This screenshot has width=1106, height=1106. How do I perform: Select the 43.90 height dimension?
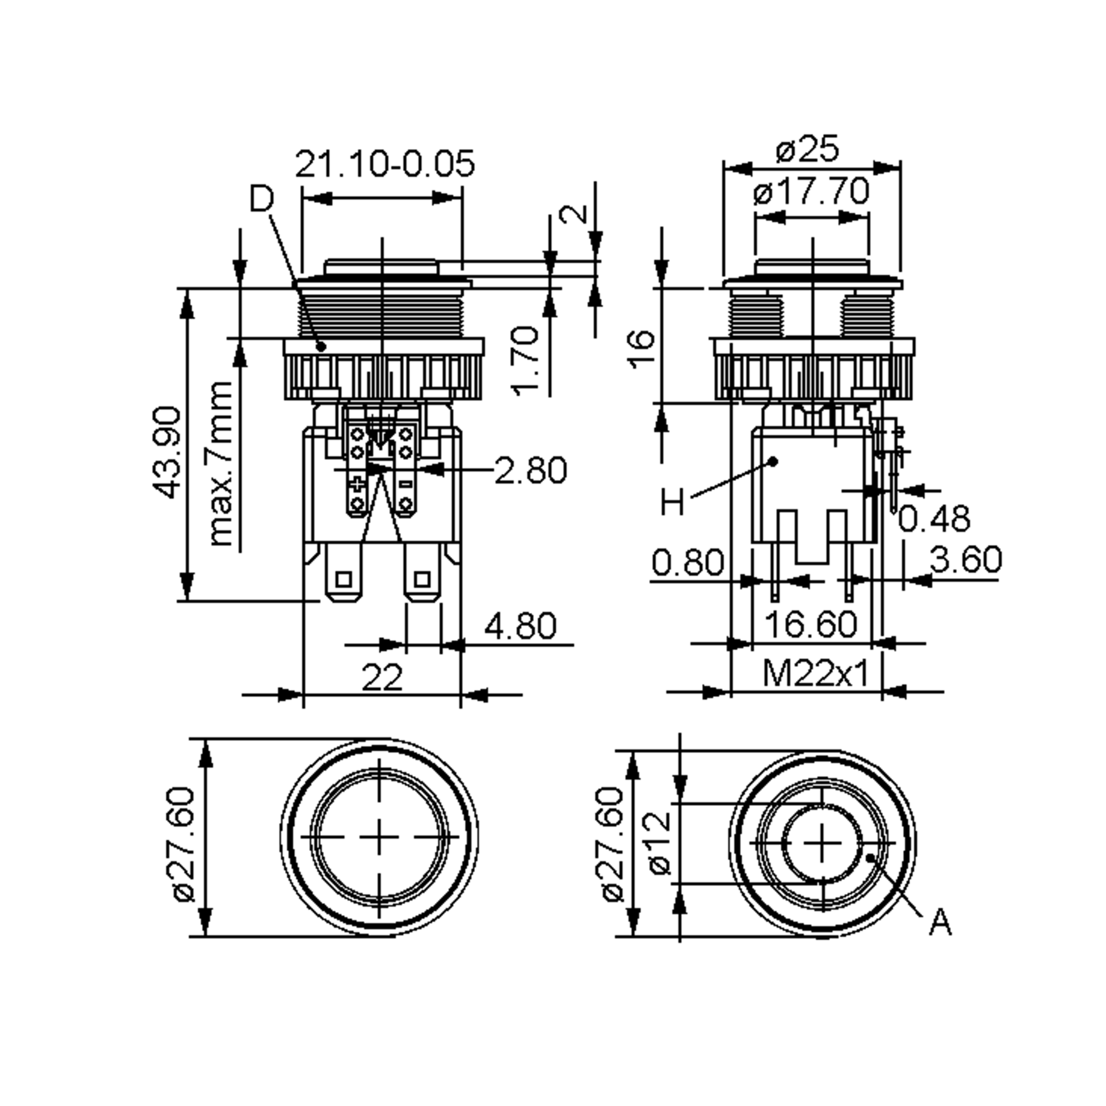[167, 452]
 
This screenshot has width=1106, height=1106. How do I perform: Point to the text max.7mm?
[220, 463]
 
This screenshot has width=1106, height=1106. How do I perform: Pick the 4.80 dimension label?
[520, 625]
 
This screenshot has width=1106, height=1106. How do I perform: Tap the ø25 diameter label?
[808, 149]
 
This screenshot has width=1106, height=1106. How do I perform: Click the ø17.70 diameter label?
[811, 191]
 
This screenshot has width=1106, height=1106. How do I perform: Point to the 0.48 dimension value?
[934, 518]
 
